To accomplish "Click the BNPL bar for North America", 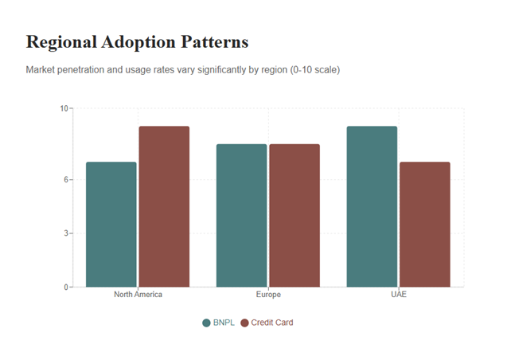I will click(x=111, y=225).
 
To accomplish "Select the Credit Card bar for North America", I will click(x=164, y=206).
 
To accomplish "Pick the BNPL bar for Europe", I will click(x=242, y=215).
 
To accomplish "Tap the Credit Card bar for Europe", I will click(x=294, y=215).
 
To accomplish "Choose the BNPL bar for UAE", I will click(x=372, y=206).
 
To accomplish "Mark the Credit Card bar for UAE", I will click(x=424, y=225).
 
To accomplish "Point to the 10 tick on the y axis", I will click(x=64, y=108).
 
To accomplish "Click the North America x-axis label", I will click(x=138, y=295).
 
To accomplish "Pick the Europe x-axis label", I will click(x=268, y=295).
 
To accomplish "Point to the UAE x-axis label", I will click(x=398, y=295).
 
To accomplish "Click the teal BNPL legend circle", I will click(x=207, y=323).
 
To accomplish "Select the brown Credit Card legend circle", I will click(x=245, y=323).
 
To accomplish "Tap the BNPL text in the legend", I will click(x=224, y=323).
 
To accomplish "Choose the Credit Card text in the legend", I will click(x=272, y=323).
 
